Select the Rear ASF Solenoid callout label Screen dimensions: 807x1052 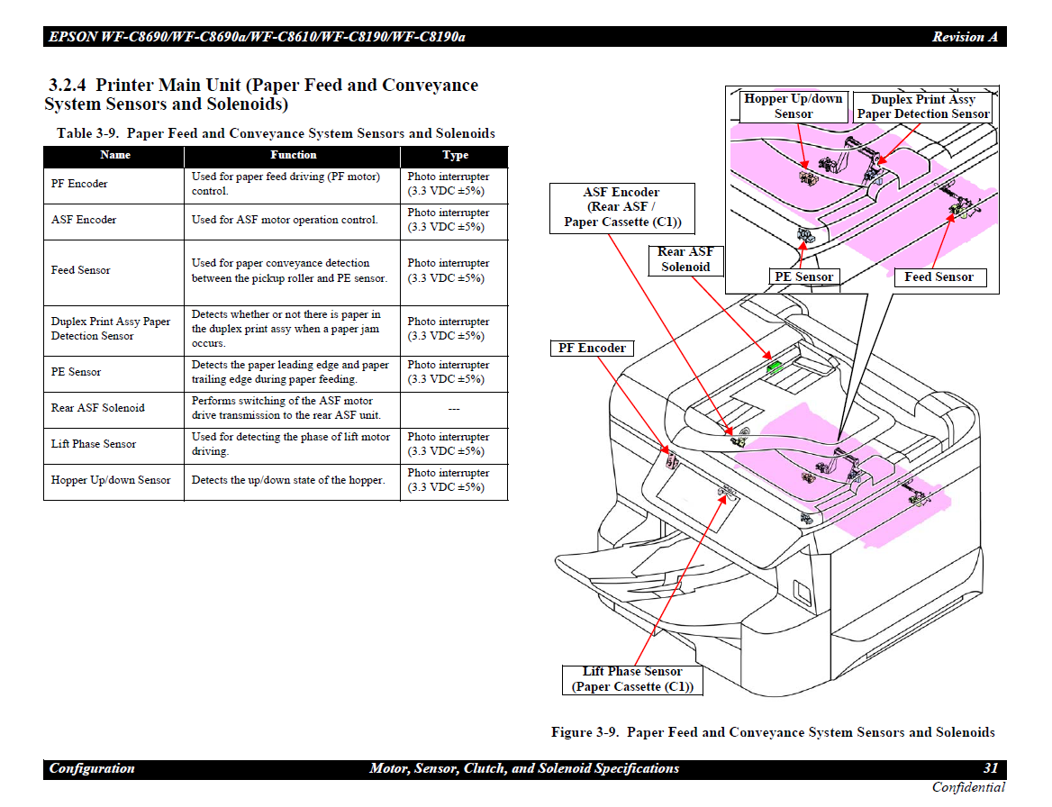click(x=685, y=259)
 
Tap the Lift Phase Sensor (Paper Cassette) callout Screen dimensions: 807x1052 click(x=632, y=679)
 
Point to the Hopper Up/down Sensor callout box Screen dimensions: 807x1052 click(x=793, y=106)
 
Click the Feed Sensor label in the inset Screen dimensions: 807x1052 click(x=939, y=277)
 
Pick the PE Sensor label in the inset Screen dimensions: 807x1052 click(x=804, y=277)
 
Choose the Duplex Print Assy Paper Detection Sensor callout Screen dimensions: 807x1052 click(x=922, y=107)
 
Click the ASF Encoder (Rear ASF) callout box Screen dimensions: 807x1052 click(x=622, y=207)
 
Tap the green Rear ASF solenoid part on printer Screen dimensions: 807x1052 click(x=773, y=367)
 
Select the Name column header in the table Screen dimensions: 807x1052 click(x=115, y=156)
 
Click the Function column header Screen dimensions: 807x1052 click(x=293, y=156)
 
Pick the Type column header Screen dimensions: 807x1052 click(x=455, y=156)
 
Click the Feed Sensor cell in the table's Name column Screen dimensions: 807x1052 click(x=81, y=270)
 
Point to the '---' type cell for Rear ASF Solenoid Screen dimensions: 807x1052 click(x=454, y=409)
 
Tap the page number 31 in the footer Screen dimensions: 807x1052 click(x=990, y=768)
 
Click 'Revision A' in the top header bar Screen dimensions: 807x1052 click(x=965, y=37)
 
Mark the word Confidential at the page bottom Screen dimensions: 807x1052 click(x=968, y=788)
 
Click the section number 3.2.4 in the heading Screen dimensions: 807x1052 click(x=68, y=86)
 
